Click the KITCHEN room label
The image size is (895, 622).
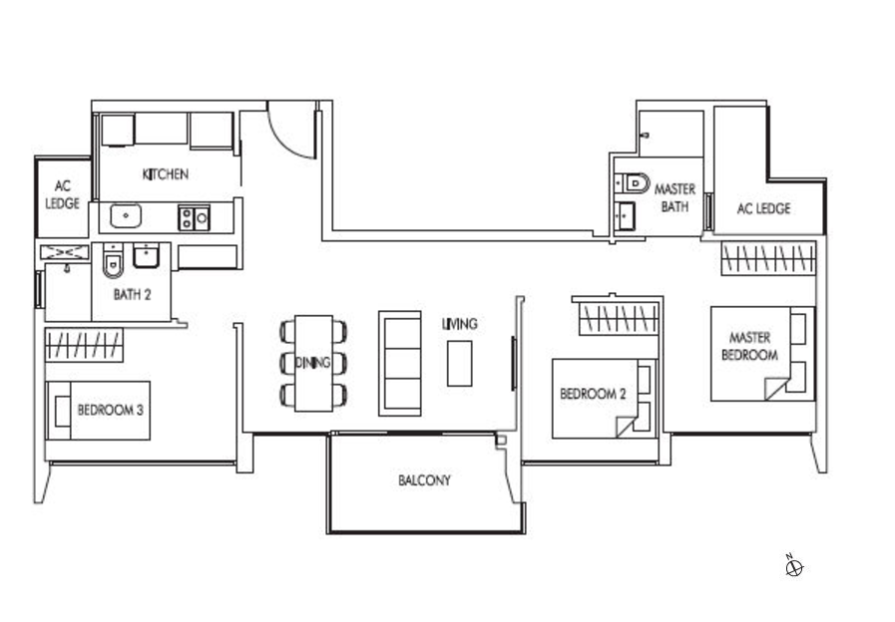point(166,173)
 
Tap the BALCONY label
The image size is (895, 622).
point(425,480)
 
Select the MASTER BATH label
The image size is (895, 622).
point(674,197)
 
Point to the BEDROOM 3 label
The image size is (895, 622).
point(110,410)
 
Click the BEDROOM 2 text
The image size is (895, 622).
point(593,394)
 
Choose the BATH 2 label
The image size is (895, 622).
point(132,295)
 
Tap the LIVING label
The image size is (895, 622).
point(460,324)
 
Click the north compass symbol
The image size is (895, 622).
point(794,567)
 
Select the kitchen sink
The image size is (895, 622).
point(126,216)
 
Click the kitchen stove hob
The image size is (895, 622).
point(195,217)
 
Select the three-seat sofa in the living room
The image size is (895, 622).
point(400,363)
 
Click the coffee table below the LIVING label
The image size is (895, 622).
point(460,363)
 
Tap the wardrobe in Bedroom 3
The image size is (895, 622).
point(84,345)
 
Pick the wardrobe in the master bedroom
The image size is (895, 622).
point(767,258)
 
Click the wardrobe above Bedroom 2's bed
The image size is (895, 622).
point(620,318)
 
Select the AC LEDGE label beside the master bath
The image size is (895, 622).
point(763,208)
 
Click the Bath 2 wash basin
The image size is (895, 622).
point(147,255)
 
